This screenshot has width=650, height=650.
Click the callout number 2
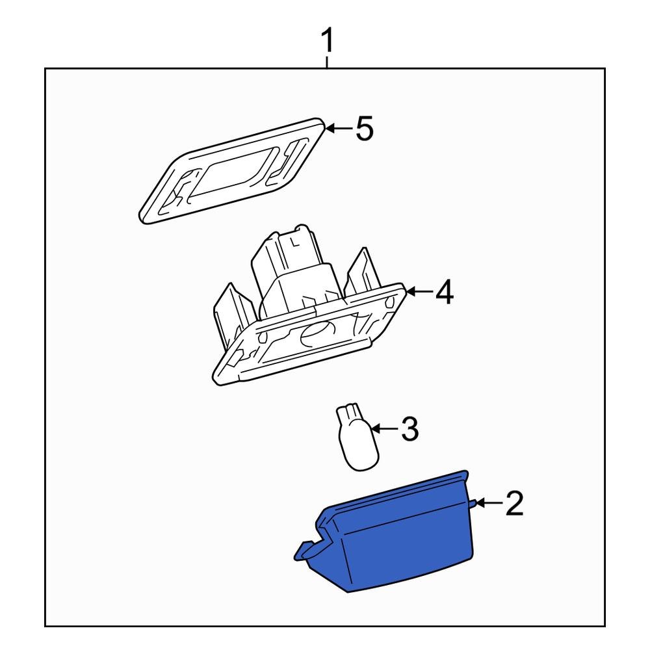[513, 504]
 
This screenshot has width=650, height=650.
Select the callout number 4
[444, 293]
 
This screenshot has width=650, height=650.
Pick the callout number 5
[364, 129]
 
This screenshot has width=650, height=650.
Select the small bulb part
[356, 439]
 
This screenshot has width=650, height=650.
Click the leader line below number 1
[328, 62]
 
